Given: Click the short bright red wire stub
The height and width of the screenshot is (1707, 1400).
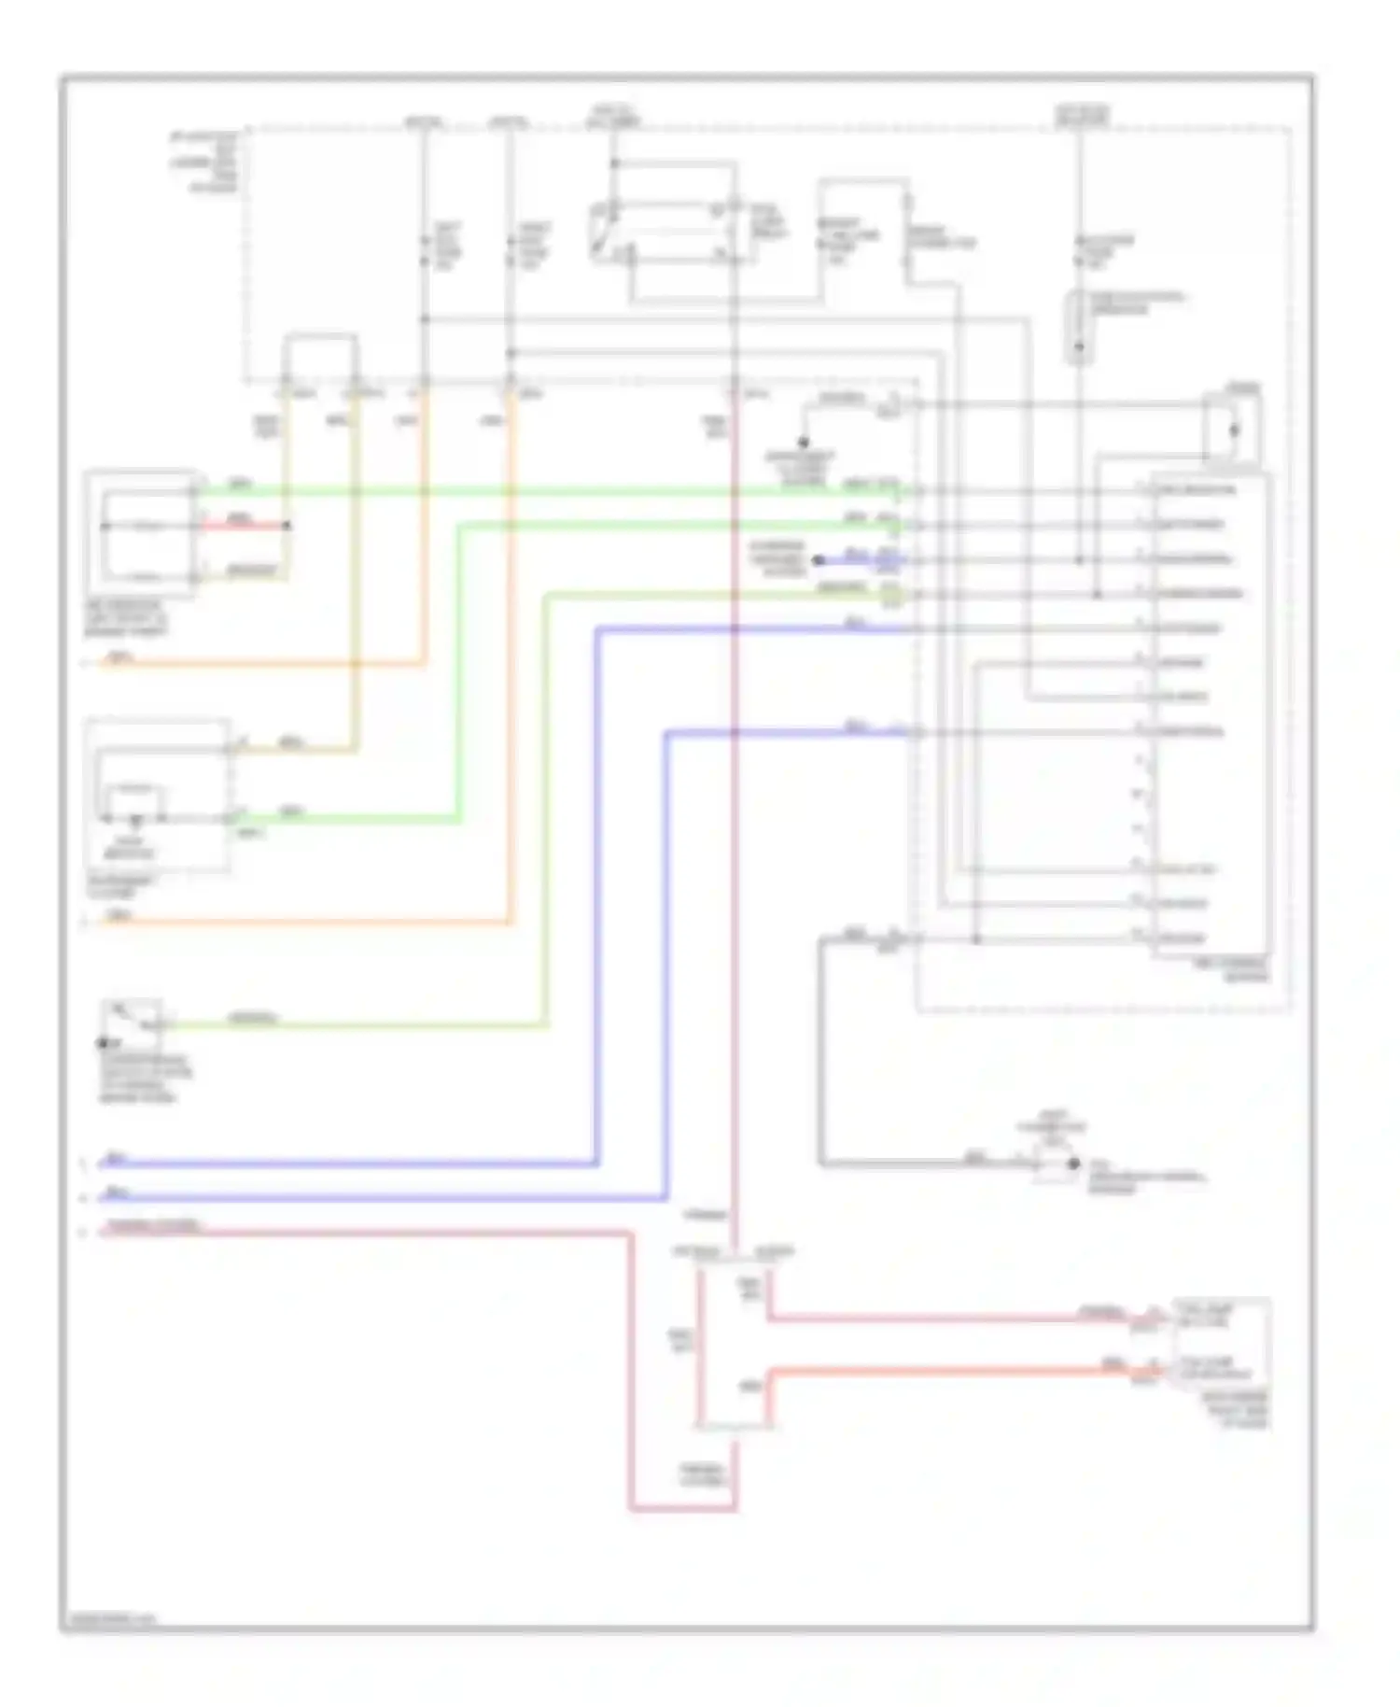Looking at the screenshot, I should (241, 526).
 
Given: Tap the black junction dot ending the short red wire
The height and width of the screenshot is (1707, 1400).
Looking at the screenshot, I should (287, 526).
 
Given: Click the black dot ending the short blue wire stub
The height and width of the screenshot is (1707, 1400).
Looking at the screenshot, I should (819, 560).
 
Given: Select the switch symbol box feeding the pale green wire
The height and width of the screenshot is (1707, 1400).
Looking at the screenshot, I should (133, 1019).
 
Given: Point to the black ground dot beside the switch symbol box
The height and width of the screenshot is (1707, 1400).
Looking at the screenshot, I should (103, 1042).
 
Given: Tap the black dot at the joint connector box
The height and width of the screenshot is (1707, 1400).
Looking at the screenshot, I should (1072, 1164).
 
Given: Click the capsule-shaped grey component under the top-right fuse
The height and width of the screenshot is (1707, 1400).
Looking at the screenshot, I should (1080, 327).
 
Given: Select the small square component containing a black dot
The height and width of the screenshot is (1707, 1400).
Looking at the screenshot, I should (1232, 430).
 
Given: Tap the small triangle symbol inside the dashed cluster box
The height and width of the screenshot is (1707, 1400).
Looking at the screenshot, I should (136, 823).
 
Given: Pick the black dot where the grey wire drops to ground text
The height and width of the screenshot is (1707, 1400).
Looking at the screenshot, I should (803, 442).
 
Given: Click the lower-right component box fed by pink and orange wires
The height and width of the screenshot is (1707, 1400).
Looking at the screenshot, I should (1221, 1342).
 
